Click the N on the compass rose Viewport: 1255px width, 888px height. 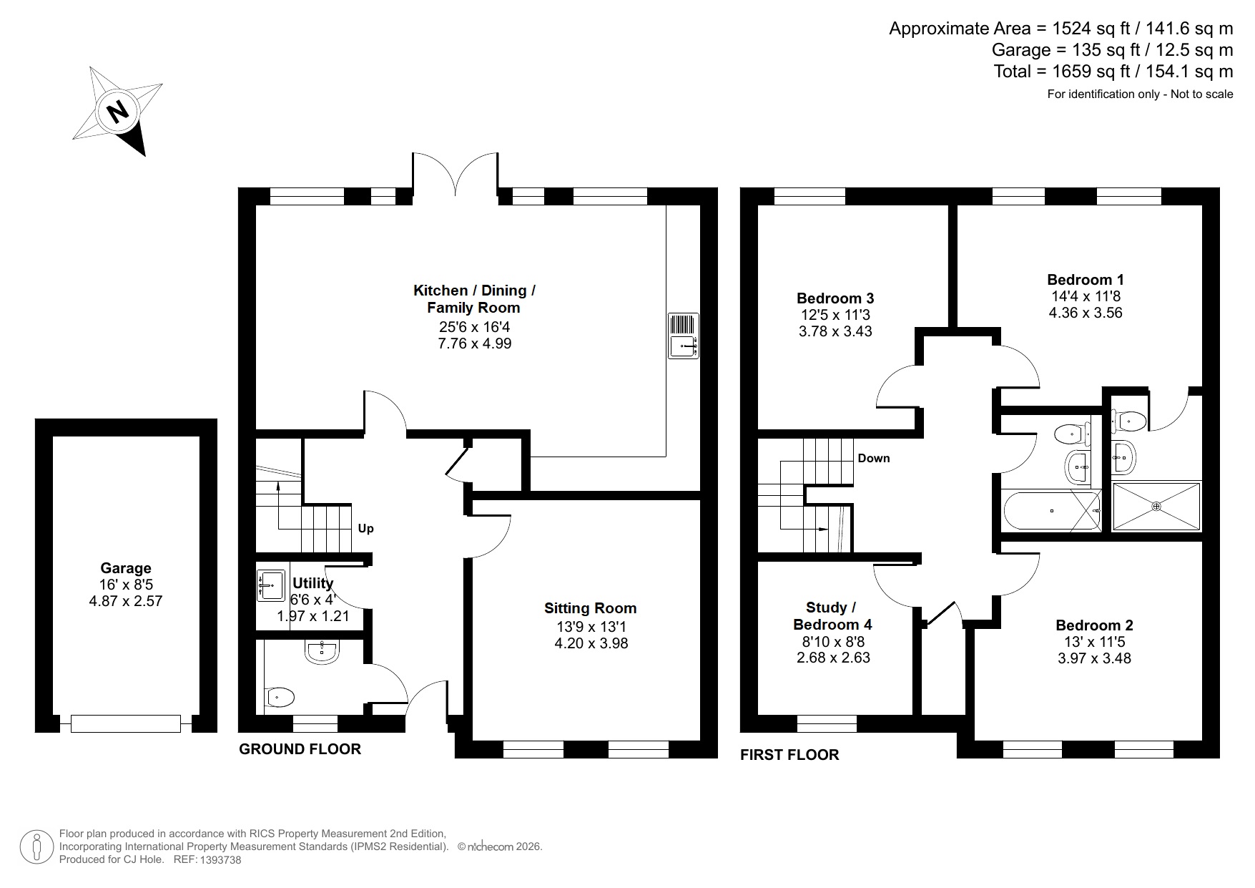point(117,111)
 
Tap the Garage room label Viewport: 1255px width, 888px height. point(126,568)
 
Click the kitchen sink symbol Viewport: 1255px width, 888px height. point(683,336)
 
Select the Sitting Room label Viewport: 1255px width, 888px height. point(590,608)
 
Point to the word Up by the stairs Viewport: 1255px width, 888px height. point(365,529)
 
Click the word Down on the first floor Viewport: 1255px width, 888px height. point(874,459)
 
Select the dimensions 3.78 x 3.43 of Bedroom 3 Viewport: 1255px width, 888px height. point(835,331)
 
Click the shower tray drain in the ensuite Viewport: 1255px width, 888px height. point(1156,506)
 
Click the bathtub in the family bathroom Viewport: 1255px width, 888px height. point(1051,511)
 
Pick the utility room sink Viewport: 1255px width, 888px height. point(270,585)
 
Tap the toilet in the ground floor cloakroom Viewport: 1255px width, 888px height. point(280,696)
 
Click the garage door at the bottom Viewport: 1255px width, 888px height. point(126,723)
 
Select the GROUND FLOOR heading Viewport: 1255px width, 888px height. point(300,749)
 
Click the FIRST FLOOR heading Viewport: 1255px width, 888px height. point(789,755)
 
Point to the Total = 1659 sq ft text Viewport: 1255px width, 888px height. point(1113,72)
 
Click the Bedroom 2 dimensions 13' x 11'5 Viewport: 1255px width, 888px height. point(1094,642)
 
